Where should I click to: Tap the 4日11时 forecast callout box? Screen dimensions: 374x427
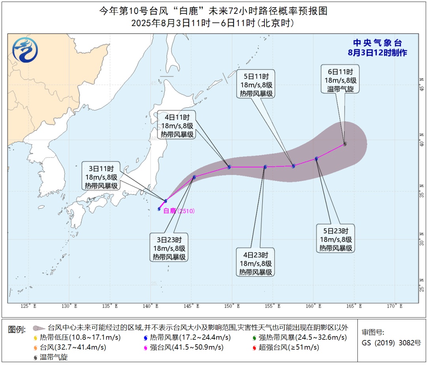(x=178, y=126)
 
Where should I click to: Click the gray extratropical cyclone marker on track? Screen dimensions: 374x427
(x=345, y=144)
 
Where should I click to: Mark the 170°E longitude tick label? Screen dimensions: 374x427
(x=395, y=306)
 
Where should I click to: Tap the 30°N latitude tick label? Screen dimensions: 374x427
(x=422, y=241)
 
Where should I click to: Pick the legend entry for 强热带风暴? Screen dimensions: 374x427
(x=299, y=338)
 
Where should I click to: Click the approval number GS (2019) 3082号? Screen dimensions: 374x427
(x=391, y=343)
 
